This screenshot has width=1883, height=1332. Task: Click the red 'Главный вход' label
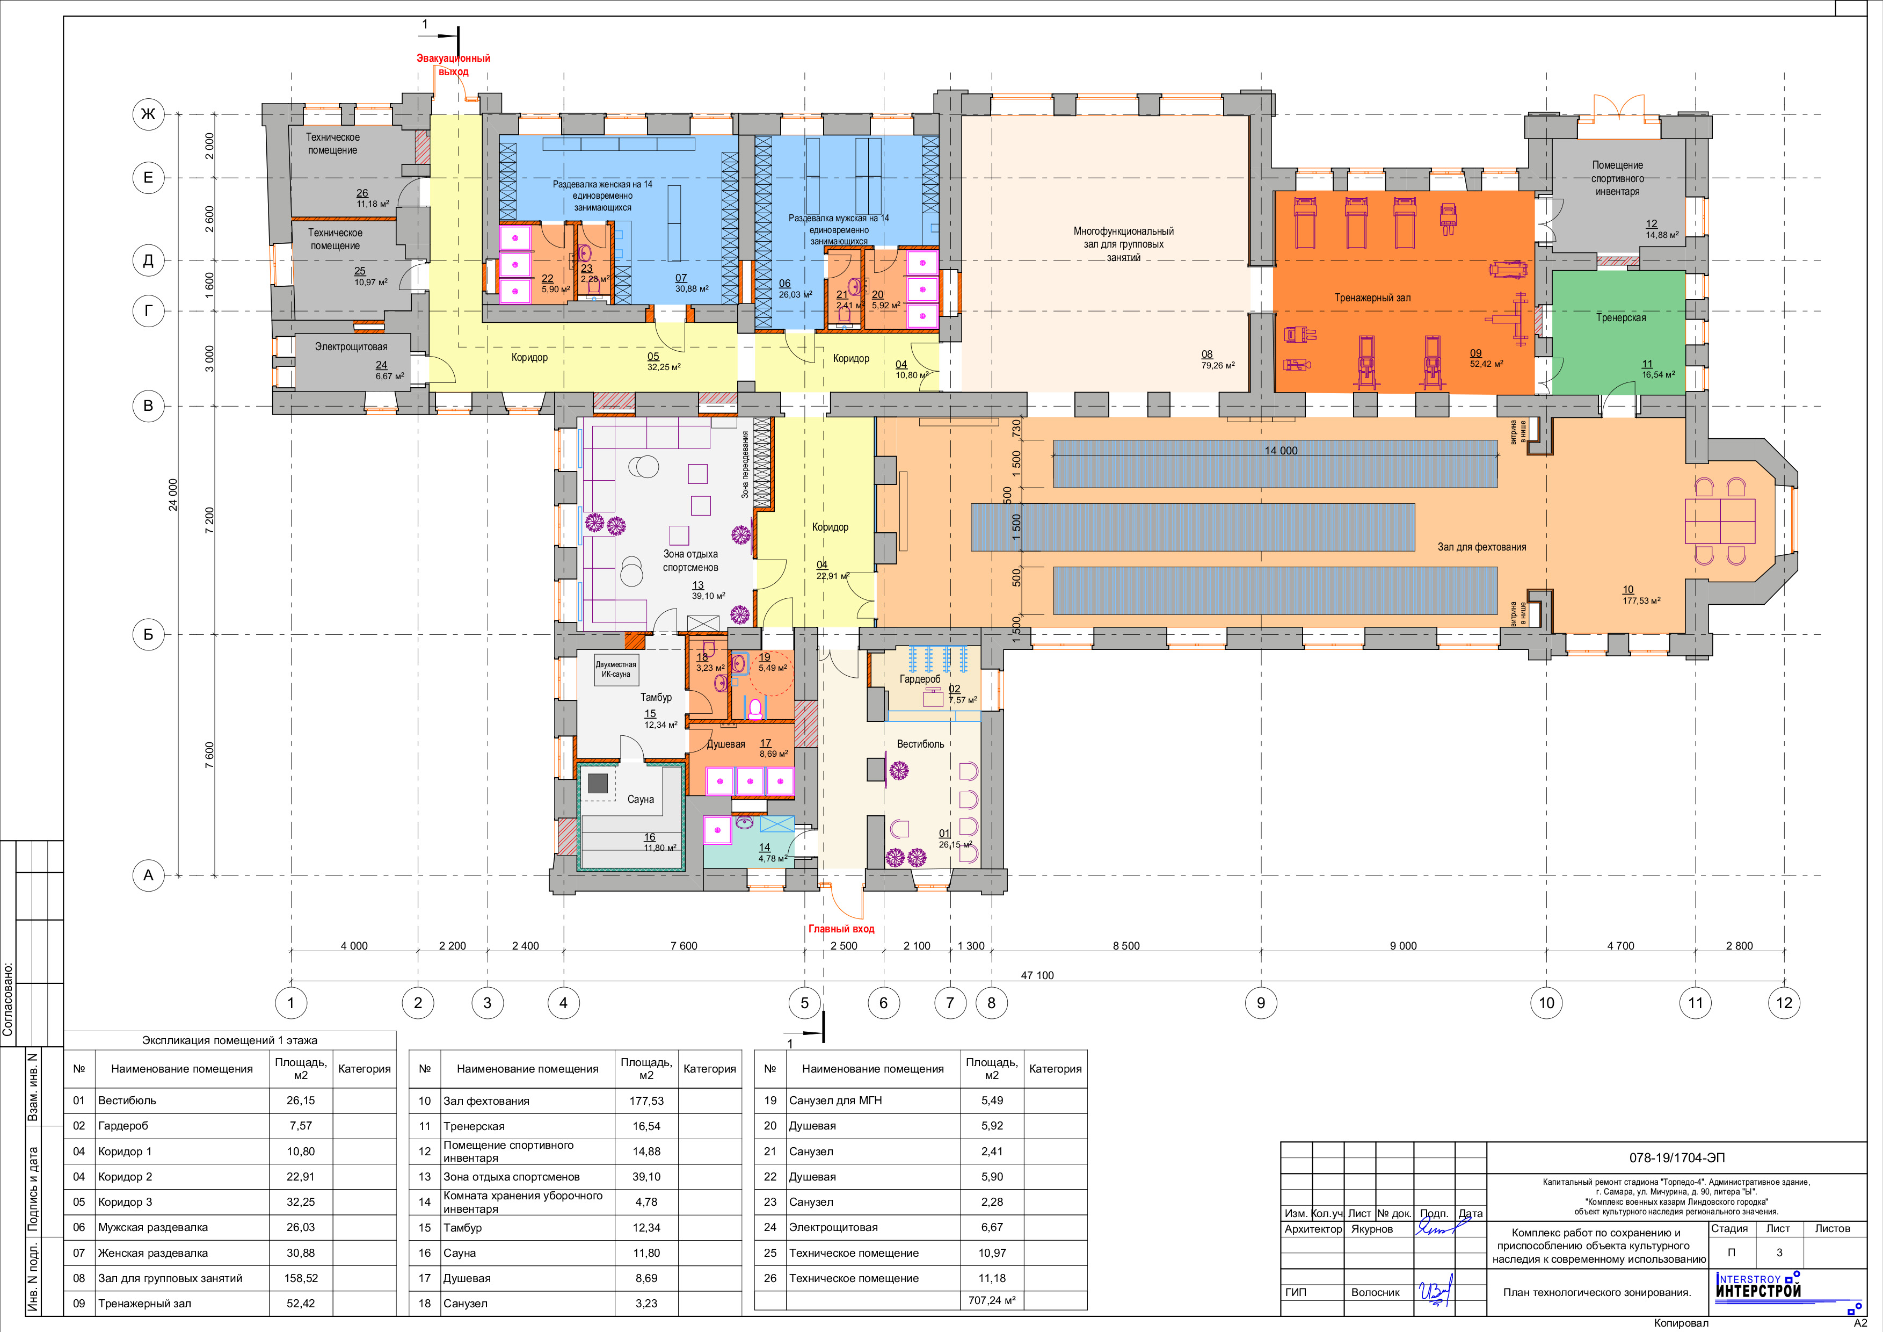pyautogui.click(x=841, y=929)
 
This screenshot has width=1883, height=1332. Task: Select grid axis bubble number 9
pyautogui.click(x=1261, y=1002)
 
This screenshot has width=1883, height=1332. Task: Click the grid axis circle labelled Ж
pyautogui.click(x=148, y=114)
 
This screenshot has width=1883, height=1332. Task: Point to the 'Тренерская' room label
pyautogui.click(x=1620, y=317)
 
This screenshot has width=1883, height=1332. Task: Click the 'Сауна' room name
pyautogui.click(x=641, y=799)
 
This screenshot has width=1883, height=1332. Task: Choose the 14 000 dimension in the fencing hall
pyautogui.click(x=1281, y=450)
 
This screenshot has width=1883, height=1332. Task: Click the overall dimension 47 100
pyautogui.click(x=1037, y=975)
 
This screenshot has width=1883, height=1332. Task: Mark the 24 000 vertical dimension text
pyautogui.click(x=173, y=495)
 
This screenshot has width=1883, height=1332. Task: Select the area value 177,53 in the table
pyautogui.click(x=646, y=1101)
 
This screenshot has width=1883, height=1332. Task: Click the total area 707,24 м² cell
pyautogui.click(x=992, y=1300)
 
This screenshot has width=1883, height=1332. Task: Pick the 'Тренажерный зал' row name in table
pyautogui.click(x=144, y=1304)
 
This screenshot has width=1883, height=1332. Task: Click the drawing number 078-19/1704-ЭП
pyautogui.click(x=1677, y=1158)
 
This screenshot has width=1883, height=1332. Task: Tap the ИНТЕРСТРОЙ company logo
pyautogui.click(x=1757, y=1286)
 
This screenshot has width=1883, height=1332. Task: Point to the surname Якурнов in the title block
pyautogui.click(x=1372, y=1229)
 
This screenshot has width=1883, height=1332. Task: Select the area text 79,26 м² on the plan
pyautogui.click(x=1218, y=366)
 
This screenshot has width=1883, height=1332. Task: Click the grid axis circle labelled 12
pyautogui.click(x=1784, y=1002)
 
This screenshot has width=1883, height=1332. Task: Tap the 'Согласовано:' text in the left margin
pyautogui.click(x=8, y=999)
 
